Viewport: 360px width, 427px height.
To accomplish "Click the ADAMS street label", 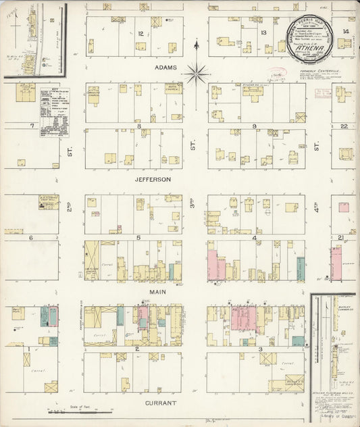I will [165, 68].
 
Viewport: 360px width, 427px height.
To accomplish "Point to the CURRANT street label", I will [160, 403].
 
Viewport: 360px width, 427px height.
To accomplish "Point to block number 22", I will [344, 126].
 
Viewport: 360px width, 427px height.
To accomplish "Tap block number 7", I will [31, 126].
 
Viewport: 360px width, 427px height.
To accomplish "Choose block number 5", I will [138, 238].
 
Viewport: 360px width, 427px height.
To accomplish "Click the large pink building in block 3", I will [243, 317].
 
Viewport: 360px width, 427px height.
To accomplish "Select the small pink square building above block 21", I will [344, 207].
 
